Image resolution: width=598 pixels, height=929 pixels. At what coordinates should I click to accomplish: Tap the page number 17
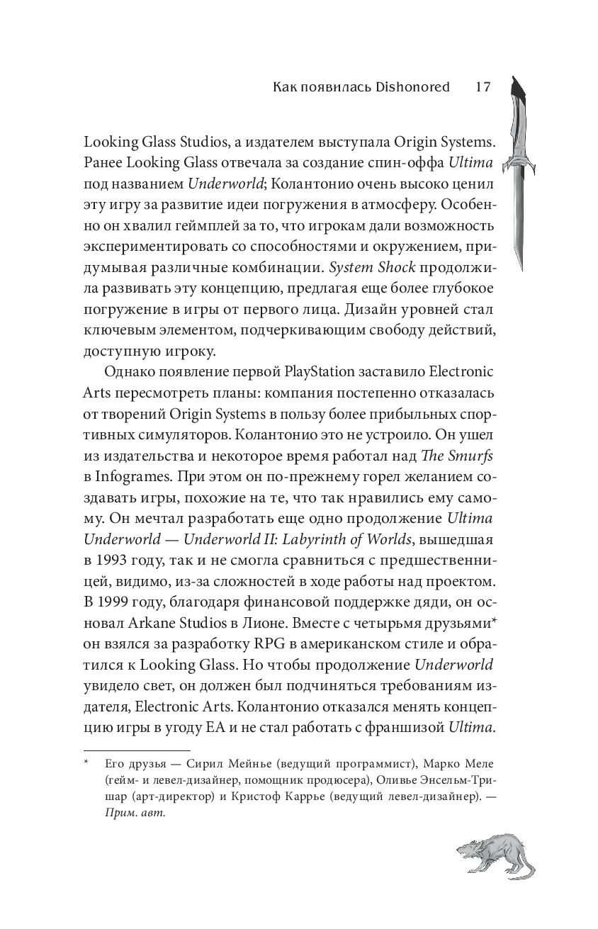483,87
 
